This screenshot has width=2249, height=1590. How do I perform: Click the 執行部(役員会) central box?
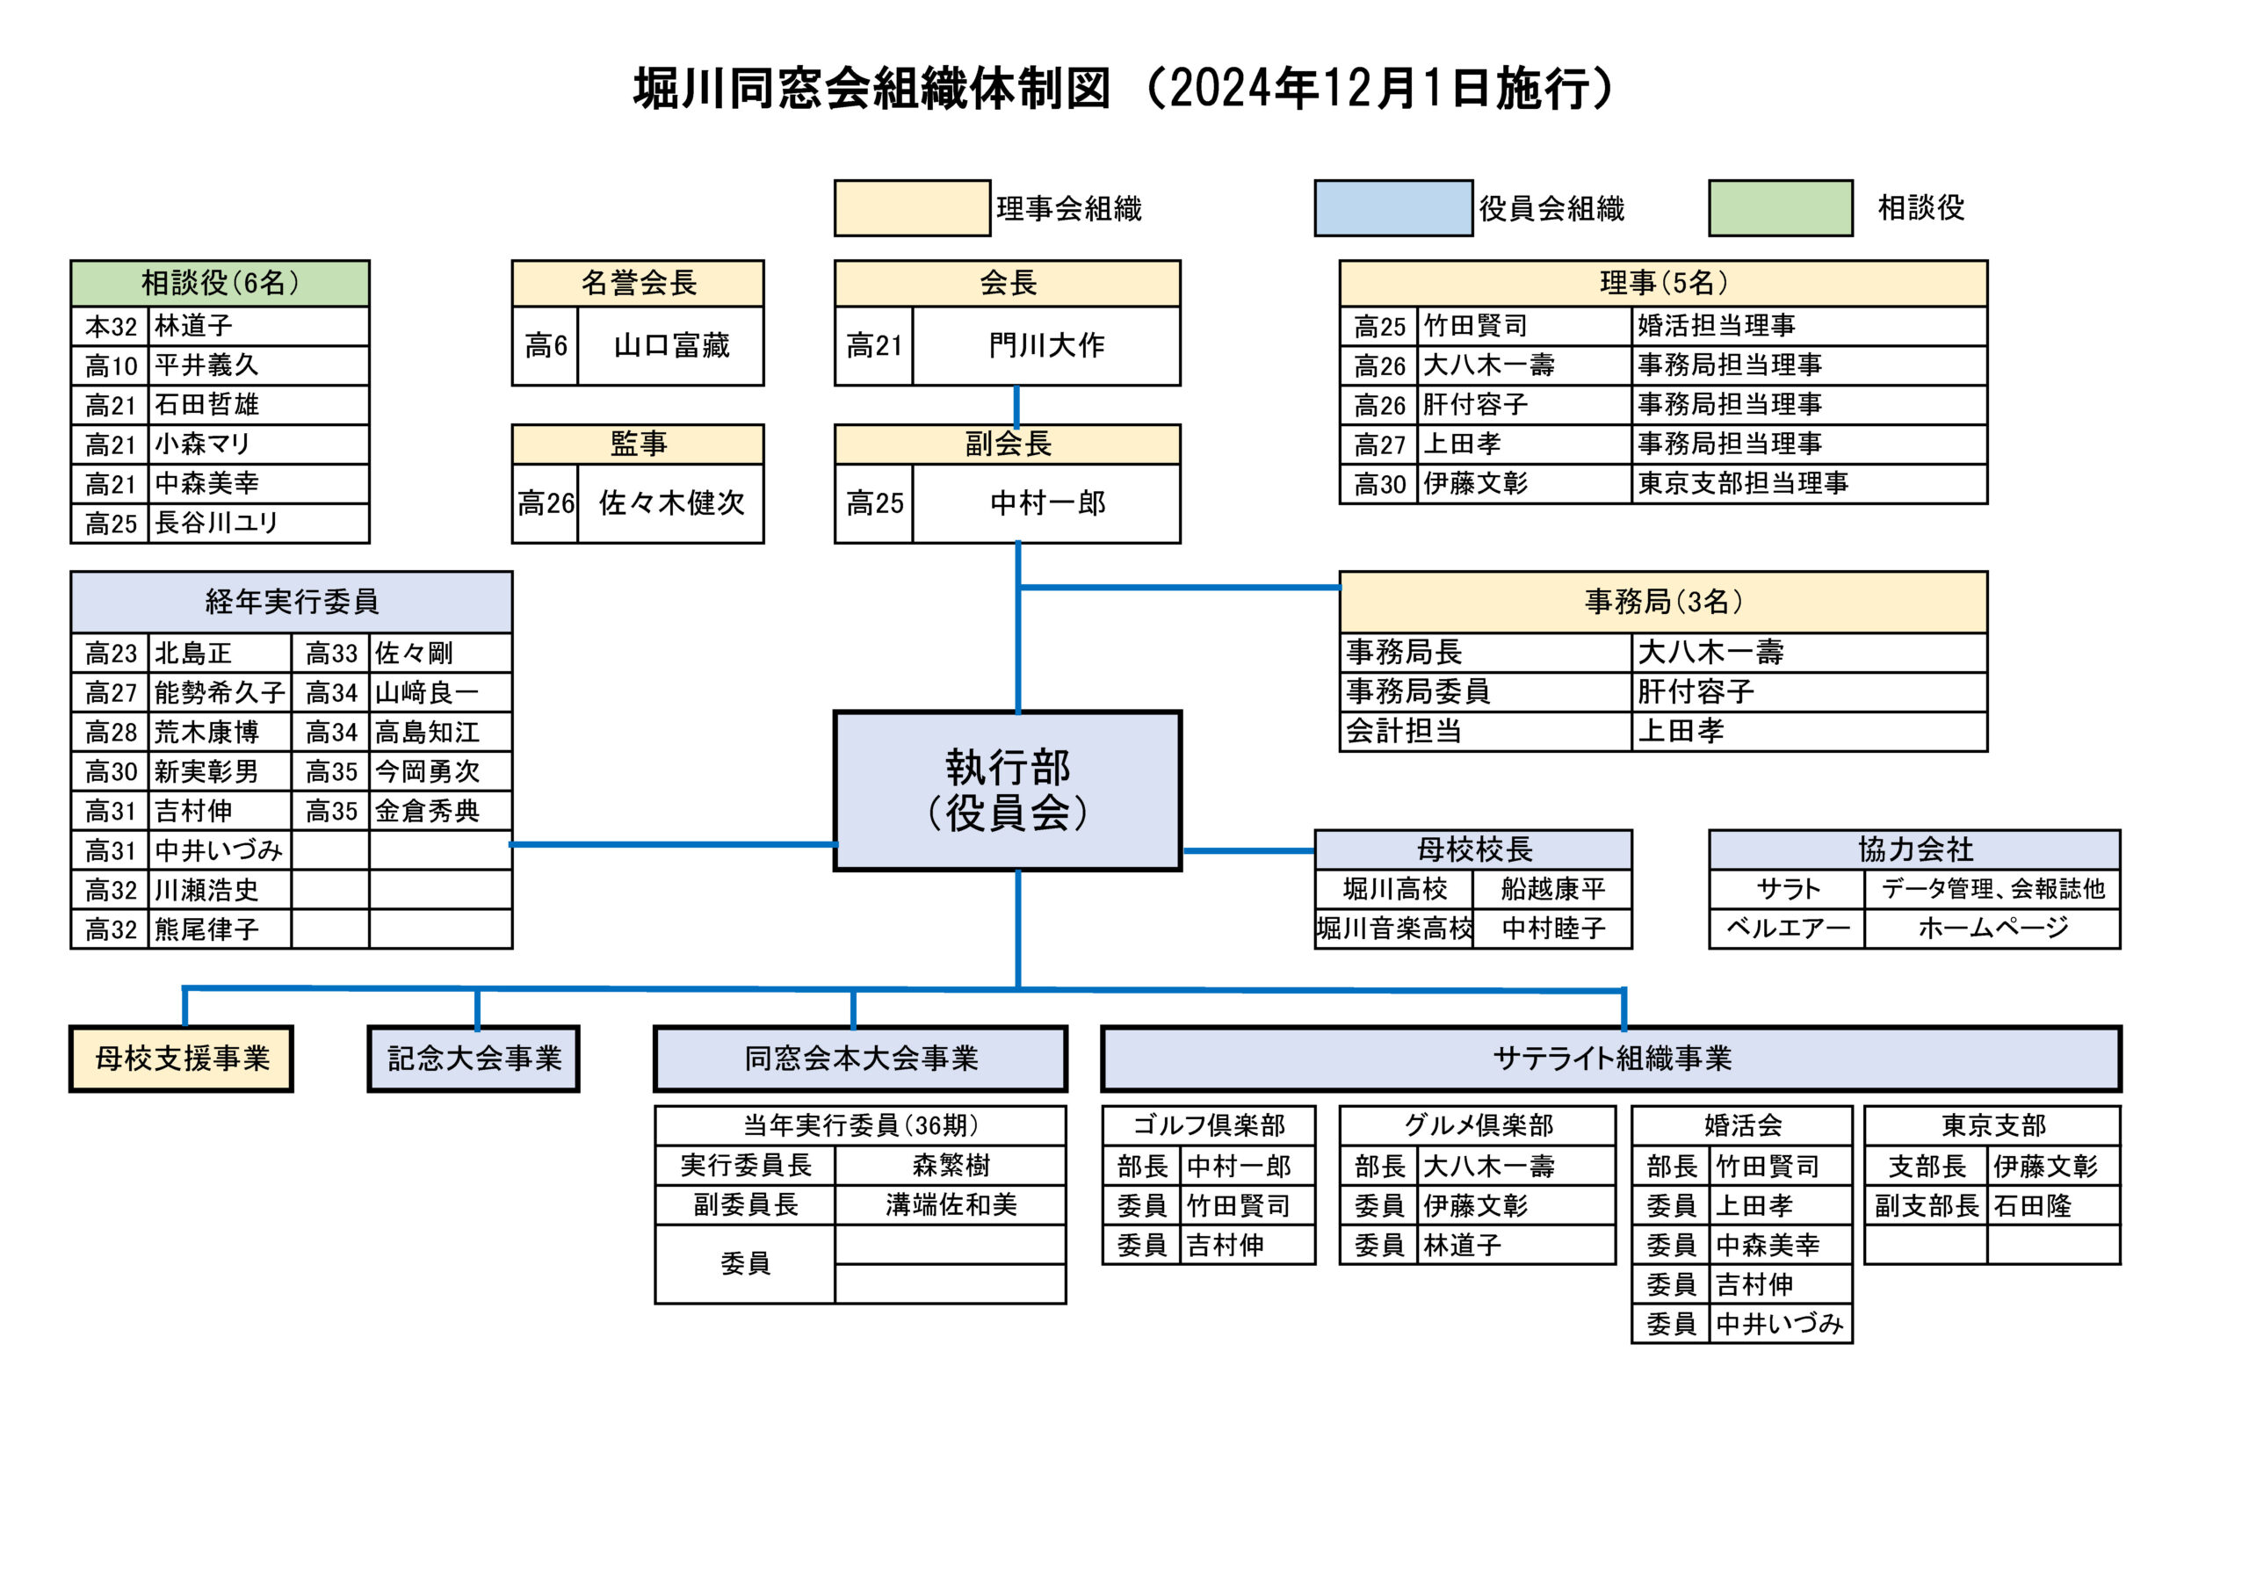[x=1007, y=790]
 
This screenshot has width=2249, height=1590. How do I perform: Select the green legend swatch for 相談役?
[x=1780, y=207]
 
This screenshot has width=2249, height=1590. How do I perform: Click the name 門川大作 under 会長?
[x=1046, y=345]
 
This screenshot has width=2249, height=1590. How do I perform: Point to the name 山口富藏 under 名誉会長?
[x=671, y=345]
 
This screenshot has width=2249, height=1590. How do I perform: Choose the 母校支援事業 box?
[x=181, y=1058]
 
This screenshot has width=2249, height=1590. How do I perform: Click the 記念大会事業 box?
[x=474, y=1058]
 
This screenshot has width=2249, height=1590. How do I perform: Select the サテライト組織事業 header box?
[x=1610, y=1058]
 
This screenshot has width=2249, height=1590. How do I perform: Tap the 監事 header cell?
[x=638, y=444]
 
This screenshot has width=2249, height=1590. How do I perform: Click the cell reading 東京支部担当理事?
[x=1743, y=483]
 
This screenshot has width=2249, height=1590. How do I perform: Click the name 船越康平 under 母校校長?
[x=1552, y=889]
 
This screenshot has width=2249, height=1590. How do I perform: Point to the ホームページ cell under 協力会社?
[x=1992, y=928]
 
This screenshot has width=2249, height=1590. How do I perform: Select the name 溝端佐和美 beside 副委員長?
[x=951, y=1204]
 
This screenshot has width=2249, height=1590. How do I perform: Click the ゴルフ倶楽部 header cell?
[x=1208, y=1124]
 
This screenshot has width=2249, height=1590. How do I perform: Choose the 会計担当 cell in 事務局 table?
[x=1403, y=731]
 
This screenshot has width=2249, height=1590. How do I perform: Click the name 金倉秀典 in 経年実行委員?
[x=427, y=811]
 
